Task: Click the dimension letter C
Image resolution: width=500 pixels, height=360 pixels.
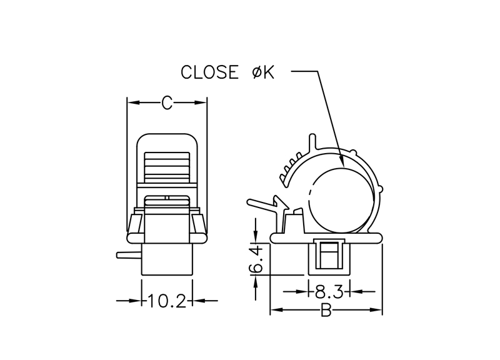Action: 167,103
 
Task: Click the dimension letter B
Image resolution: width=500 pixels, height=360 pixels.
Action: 326,311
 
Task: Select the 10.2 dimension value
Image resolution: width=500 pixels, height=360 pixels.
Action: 167,301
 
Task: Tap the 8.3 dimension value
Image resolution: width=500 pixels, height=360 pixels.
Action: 328,291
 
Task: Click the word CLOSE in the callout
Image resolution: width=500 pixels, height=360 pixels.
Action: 209,72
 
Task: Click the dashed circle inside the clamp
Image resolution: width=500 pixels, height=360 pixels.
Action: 342,199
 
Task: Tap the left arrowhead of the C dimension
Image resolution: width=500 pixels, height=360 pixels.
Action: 131,103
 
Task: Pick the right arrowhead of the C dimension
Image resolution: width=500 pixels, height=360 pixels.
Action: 202,103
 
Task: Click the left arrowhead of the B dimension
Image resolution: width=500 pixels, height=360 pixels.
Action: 274,311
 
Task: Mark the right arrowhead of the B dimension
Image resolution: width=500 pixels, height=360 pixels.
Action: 377,311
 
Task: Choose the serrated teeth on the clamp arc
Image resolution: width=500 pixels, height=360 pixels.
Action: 289,168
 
